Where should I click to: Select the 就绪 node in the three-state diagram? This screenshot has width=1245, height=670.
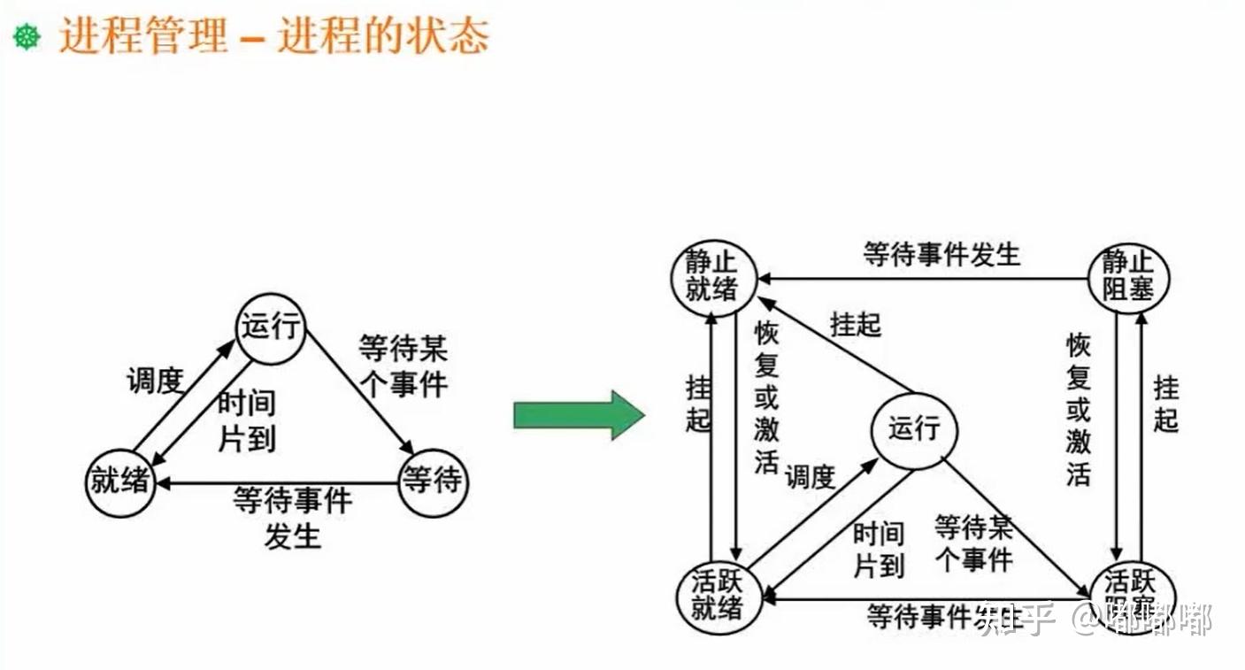tap(120, 483)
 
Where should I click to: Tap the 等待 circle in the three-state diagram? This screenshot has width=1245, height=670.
tap(432, 483)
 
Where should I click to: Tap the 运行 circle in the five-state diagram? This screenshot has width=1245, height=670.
tap(914, 431)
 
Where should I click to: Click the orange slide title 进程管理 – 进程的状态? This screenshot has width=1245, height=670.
tap(273, 38)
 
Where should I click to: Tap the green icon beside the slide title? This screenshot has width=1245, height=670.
tap(27, 38)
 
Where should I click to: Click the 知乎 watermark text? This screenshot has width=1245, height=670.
tap(1017, 620)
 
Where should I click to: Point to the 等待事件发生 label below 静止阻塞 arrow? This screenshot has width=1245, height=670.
tap(941, 255)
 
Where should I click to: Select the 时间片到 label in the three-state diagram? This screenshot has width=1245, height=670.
tap(247, 421)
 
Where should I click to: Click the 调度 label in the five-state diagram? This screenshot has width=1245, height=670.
tap(810, 477)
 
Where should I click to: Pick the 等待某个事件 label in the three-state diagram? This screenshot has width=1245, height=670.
tap(403, 366)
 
